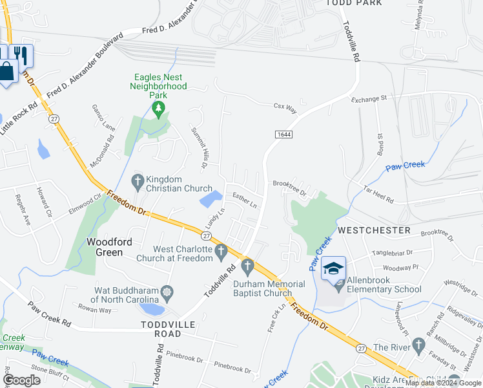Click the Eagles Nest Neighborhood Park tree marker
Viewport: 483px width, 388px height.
[x=159, y=110]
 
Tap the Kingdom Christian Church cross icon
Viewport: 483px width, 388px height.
[x=137, y=182]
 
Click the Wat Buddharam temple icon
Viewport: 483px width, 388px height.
[x=167, y=292]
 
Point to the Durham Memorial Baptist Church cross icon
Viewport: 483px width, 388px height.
[x=247, y=266]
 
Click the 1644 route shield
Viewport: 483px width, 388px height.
[x=282, y=134]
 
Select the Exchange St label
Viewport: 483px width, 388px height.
[x=368, y=99]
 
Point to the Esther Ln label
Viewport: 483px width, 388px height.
[x=245, y=202]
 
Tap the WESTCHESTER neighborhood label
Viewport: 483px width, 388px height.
[x=374, y=230]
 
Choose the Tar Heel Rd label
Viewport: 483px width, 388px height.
[x=378, y=195]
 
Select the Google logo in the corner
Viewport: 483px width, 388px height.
[x=21, y=380]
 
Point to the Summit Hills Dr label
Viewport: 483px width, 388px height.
[x=198, y=148]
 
